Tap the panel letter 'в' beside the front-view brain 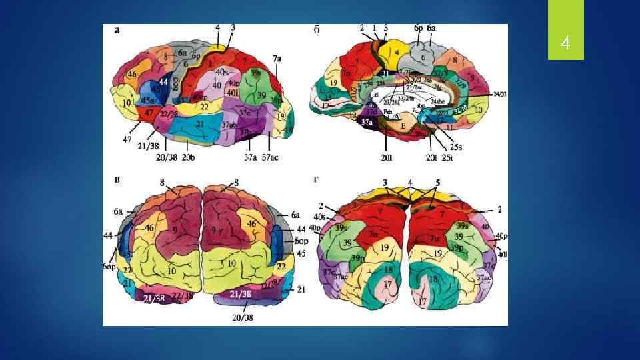[x=117, y=180]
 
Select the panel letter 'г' [x=316, y=179]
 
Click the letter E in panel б [x=402, y=125]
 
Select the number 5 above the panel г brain [x=438, y=182]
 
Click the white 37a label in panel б [x=366, y=123]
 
